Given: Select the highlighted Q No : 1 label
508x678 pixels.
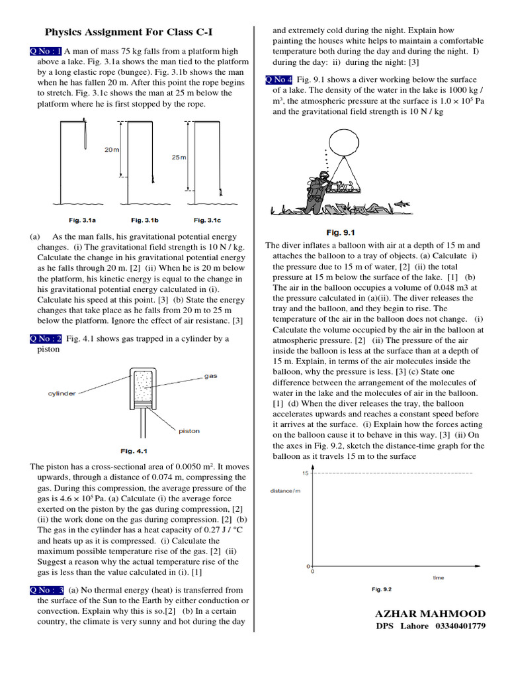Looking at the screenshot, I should [46, 51].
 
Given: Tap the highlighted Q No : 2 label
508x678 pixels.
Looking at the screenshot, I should [46, 339].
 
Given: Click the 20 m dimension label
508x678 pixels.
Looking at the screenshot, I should [111, 150].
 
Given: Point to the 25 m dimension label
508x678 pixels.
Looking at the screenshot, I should [178, 158].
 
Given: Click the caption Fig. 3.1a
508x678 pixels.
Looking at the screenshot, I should [83, 219].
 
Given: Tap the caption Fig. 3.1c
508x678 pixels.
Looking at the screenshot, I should [207, 219].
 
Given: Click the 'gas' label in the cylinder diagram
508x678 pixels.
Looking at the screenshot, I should [210, 375].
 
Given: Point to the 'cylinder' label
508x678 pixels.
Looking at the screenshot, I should [63, 393].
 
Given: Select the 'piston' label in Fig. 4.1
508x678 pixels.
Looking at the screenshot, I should [189, 430].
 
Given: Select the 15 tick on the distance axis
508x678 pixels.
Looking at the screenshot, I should [305, 473].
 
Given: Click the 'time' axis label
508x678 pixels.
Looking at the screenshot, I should [439, 577].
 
